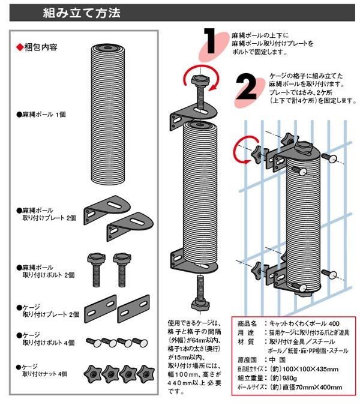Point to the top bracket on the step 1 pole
coord(191,112)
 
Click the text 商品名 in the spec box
coord(247,323)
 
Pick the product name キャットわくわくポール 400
coord(300,323)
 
